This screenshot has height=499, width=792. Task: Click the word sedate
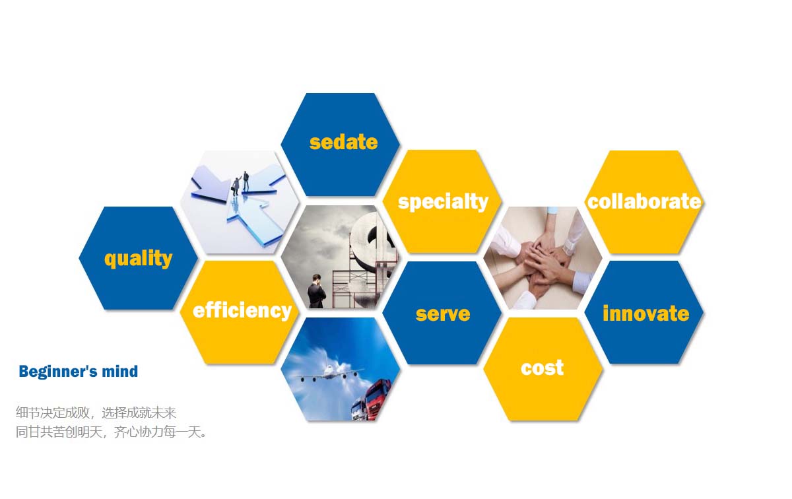pos(343,142)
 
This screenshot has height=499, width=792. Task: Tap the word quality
pos(138,259)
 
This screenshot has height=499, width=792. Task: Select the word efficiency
pos(242,310)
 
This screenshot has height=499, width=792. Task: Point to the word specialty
pos(443,202)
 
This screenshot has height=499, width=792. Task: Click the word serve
pos(443,314)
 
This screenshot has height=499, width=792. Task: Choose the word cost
pos(542,368)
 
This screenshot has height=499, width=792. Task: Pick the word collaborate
pos(644,201)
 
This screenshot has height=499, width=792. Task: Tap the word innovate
pos(646,314)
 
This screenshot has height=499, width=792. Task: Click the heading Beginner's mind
pos(78,372)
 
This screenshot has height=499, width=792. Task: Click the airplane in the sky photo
pos(331,374)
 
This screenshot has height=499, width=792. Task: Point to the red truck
pos(377,399)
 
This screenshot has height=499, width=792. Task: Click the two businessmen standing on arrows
pos(240,183)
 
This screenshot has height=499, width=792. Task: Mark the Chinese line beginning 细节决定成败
pos(96,413)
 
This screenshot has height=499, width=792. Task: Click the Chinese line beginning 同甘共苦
pos(111,432)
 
